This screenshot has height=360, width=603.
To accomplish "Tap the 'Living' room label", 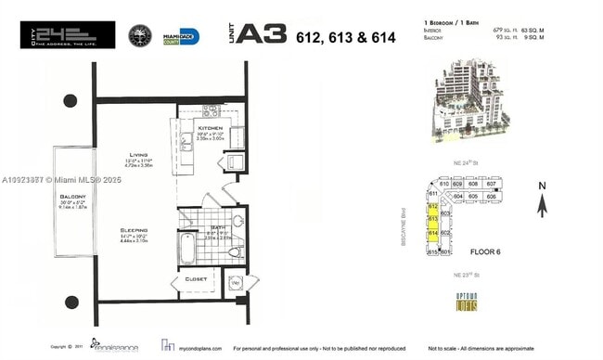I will click(139, 157).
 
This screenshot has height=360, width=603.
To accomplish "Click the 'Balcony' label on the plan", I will click(73, 197).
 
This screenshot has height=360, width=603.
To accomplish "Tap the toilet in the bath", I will click(235, 250).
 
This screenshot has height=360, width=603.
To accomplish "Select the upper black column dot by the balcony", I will click(71, 101).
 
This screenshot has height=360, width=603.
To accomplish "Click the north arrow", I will click(542, 200).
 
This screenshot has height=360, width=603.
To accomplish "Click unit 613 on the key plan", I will click(432, 219).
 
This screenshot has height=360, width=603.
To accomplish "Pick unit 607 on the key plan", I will click(492, 185).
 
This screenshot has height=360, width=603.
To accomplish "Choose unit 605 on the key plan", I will click(473, 197).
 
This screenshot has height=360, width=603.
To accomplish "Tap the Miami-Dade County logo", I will click(182, 36).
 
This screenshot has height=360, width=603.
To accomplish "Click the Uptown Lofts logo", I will click(466, 302).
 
